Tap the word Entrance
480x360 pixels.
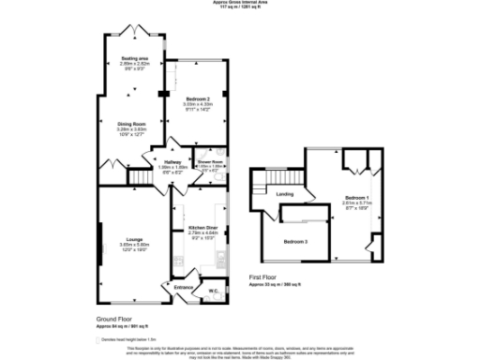[184, 288]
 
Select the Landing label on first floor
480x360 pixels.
[285, 194]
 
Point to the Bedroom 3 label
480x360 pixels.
[297, 242]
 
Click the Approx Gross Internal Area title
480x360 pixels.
[240, 4]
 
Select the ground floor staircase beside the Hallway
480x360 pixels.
[141, 176]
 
